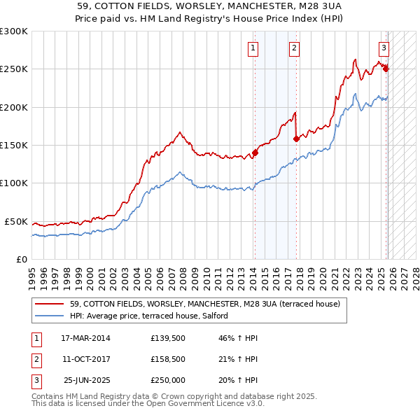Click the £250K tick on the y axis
(14, 69)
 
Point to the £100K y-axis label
(14, 183)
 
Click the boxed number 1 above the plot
(252, 48)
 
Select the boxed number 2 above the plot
(294, 48)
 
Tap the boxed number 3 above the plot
(384, 48)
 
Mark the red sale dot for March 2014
(255, 153)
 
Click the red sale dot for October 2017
(297, 139)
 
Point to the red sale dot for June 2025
(386, 69)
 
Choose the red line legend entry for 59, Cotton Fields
(205, 304)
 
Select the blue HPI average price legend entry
(158, 316)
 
